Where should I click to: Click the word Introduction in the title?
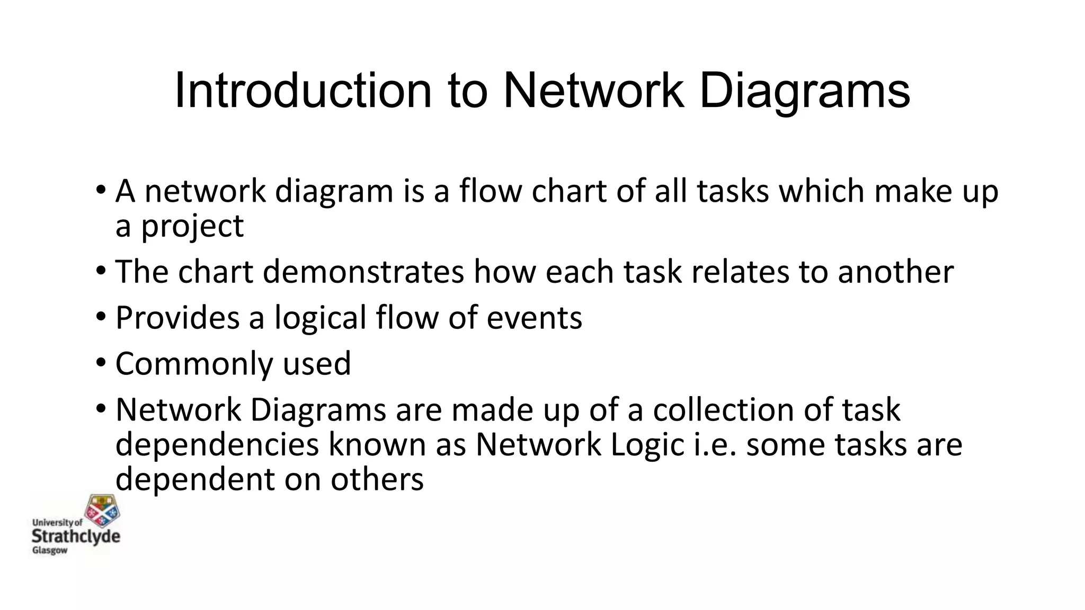(303, 91)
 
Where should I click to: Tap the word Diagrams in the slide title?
(805, 91)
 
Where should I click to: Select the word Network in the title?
(593, 91)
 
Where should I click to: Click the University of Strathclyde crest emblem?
(103, 510)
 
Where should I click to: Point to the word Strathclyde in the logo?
(76, 536)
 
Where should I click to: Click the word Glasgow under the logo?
(50, 551)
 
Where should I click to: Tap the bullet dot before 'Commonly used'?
(101, 363)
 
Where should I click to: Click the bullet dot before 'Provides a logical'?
(101, 317)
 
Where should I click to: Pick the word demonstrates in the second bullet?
(363, 272)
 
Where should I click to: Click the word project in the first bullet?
(192, 227)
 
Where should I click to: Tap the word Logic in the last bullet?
(647, 444)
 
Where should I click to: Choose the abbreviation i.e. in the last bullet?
(715, 444)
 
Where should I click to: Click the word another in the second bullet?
(895, 272)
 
